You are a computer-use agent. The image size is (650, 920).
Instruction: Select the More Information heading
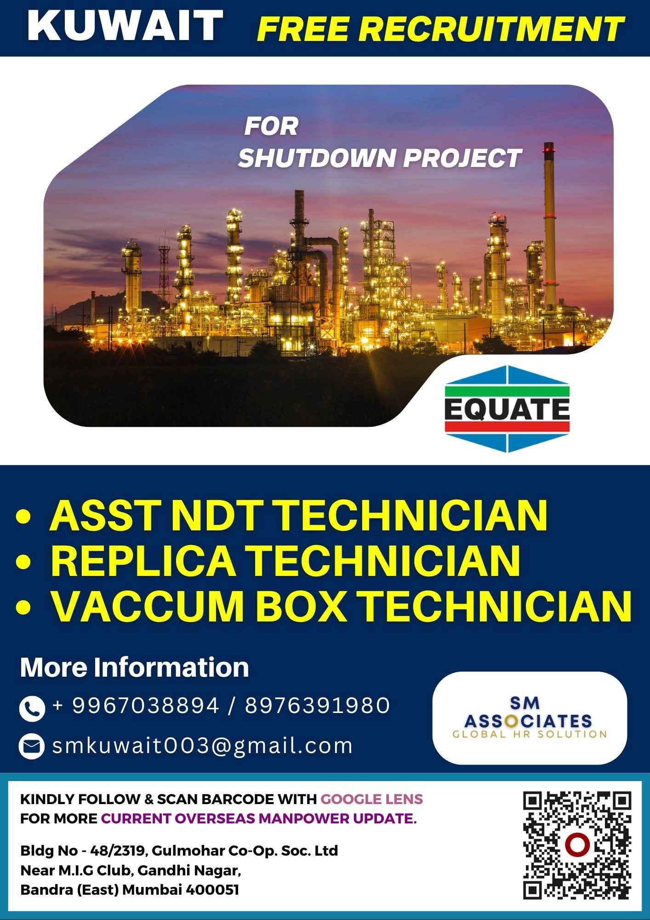pos(134,667)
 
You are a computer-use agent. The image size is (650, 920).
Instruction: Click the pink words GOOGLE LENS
pos(371,799)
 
